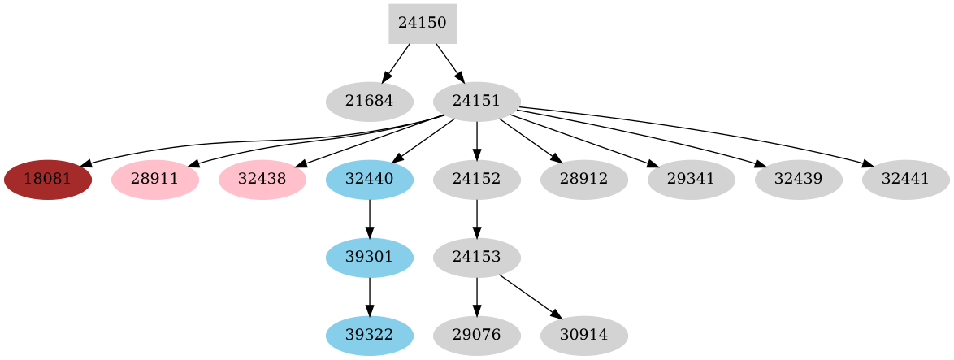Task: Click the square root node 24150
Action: (422, 24)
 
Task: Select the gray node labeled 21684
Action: (370, 102)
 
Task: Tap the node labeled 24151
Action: (476, 102)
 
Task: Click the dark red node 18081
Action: (48, 179)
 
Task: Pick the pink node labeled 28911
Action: (155, 179)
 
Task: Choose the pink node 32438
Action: (262, 179)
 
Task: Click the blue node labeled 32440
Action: (370, 179)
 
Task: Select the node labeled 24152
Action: (476, 179)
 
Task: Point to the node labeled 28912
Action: (583, 179)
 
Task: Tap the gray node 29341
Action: (691, 179)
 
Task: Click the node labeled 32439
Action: (798, 179)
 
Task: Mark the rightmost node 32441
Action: (905, 179)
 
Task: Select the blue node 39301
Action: (370, 257)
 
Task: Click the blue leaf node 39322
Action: (370, 335)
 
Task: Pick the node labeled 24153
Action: (476, 257)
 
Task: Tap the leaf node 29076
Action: (476, 335)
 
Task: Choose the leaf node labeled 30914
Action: (583, 335)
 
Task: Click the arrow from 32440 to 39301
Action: (370, 218)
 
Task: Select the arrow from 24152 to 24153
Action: (476, 218)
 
